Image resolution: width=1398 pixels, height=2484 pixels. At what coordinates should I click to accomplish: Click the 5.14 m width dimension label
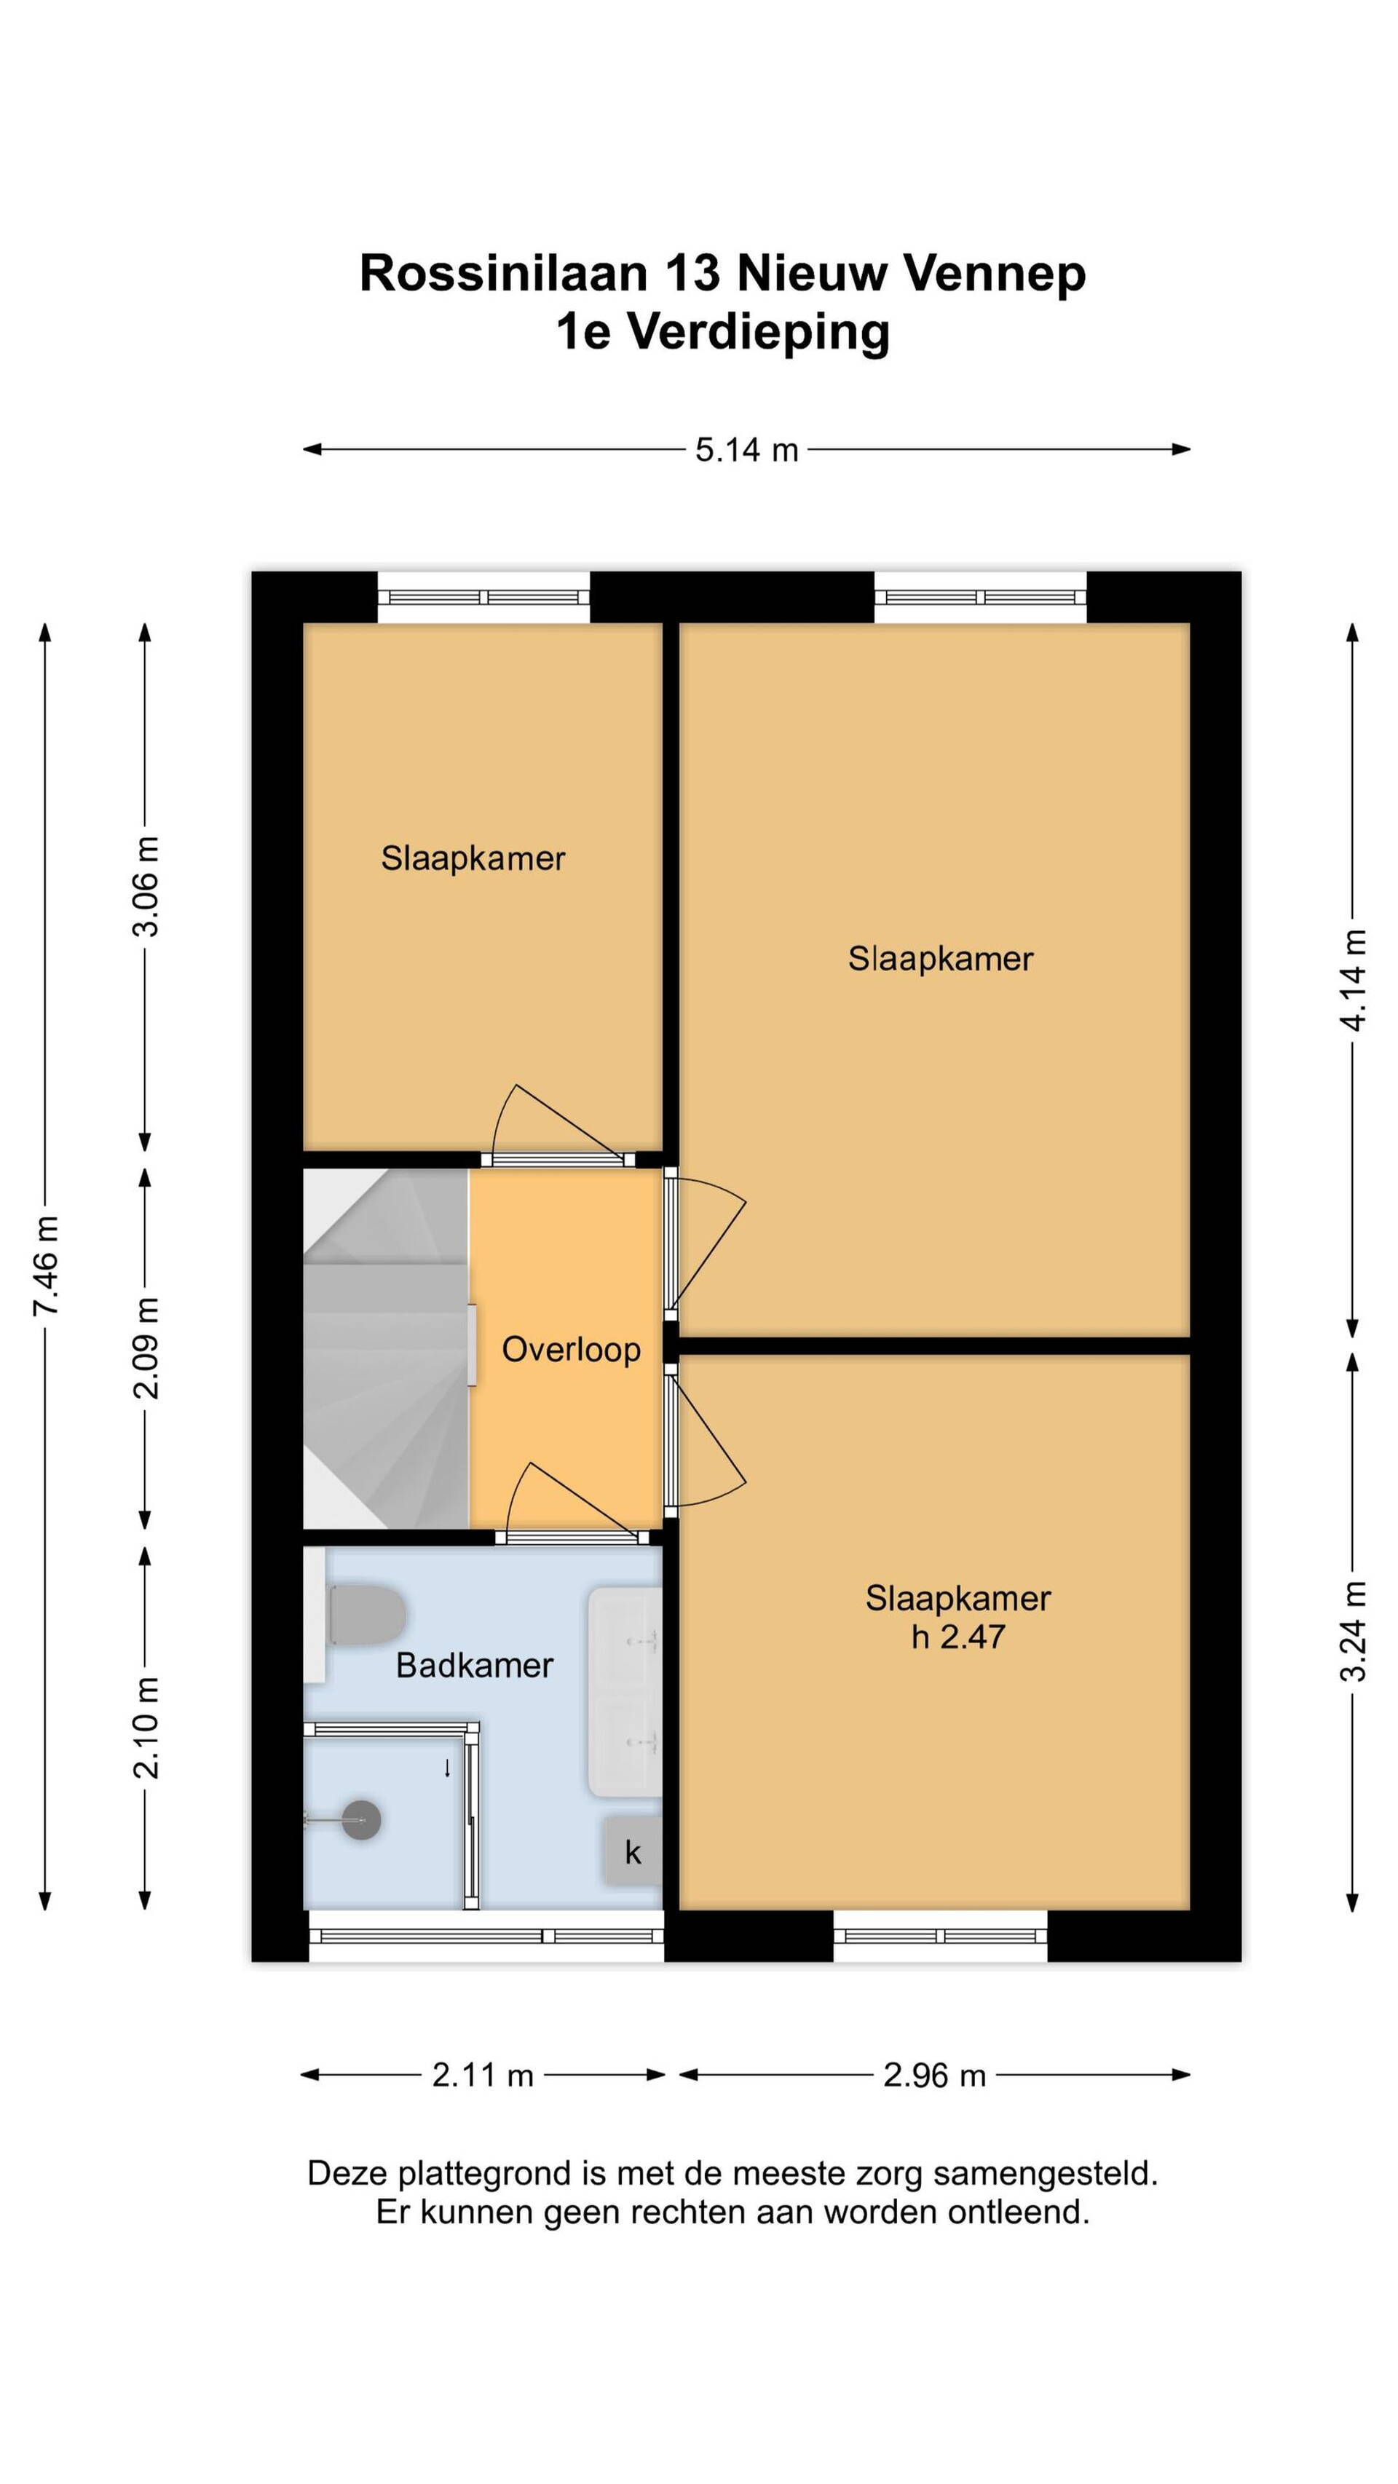pyautogui.click(x=746, y=449)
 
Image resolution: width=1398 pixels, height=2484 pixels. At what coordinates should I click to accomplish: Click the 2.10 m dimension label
pyautogui.click(x=146, y=1727)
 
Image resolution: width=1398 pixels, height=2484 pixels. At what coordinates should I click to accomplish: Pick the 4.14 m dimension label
pyautogui.click(x=1353, y=980)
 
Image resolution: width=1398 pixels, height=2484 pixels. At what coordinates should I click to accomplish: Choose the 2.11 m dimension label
pyautogui.click(x=482, y=2074)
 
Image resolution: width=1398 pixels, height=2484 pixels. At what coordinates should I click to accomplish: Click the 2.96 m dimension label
pyautogui.click(x=934, y=2074)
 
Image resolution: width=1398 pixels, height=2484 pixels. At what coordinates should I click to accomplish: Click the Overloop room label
pyautogui.click(x=571, y=1349)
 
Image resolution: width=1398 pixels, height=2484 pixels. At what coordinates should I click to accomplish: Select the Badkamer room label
pyautogui.click(x=474, y=1665)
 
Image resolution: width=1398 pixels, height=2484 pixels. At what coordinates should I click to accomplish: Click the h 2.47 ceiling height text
pyautogui.click(x=957, y=1637)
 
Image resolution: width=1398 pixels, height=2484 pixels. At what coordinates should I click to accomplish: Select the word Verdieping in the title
pyautogui.click(x=759, y=333)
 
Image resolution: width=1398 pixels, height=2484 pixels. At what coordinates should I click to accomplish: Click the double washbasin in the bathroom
pyautogui.click(x=625, y=1691)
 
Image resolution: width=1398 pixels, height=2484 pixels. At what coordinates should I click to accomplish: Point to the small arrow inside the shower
pyautogui.click(x=447, y=1768)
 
